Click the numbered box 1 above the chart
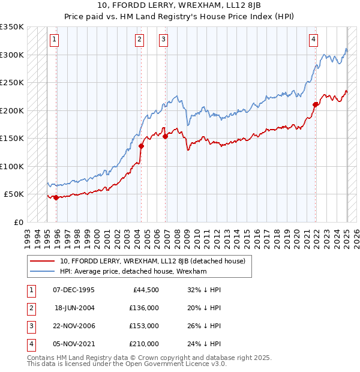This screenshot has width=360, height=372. click(x=54, y=40)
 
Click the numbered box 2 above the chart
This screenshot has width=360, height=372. click(x=139, y=40)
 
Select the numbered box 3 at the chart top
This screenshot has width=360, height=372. click(x=163, y=40)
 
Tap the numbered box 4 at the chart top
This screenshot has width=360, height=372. click(x=313, y=40)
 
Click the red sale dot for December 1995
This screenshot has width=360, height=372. click(x=56, y=197)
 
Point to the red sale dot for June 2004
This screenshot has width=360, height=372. click(x=141, y=146)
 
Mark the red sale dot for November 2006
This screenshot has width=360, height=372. click(x=165, y=137)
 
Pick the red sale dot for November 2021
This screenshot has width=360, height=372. click(x=315, y=104)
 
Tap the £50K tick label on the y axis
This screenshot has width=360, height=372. click(x=14, y=194)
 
